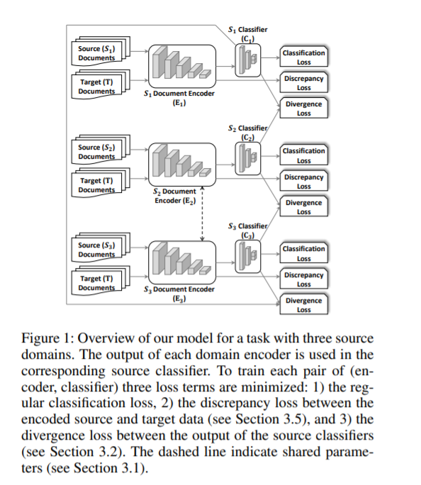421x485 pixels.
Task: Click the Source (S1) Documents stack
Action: coord(101,51)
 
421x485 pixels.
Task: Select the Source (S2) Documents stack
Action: coord(101,150)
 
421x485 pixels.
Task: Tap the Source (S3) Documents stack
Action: coord(101,247)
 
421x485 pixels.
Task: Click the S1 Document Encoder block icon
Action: coord(182,66)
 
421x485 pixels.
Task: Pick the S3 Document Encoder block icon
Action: coord(182,262)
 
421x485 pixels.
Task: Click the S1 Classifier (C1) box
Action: coord(248,60)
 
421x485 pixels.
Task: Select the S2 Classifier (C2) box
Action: coord(248,158)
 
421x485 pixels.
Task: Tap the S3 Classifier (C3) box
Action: coord(248,257)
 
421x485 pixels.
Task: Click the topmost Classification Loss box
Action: coord(304,57)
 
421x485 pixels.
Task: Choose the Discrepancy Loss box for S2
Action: coord(304,181)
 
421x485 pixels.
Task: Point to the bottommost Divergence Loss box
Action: coord(304,304)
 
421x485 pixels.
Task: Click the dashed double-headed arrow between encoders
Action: coord(202,213)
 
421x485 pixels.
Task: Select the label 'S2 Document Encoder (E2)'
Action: coord(175,196)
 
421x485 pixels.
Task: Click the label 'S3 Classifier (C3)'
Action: coord(248,230)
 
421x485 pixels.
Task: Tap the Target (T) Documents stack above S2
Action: coord(101,85)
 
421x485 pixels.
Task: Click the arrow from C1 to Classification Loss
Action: coord(270,57)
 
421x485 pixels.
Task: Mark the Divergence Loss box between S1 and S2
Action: coord(304,108)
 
